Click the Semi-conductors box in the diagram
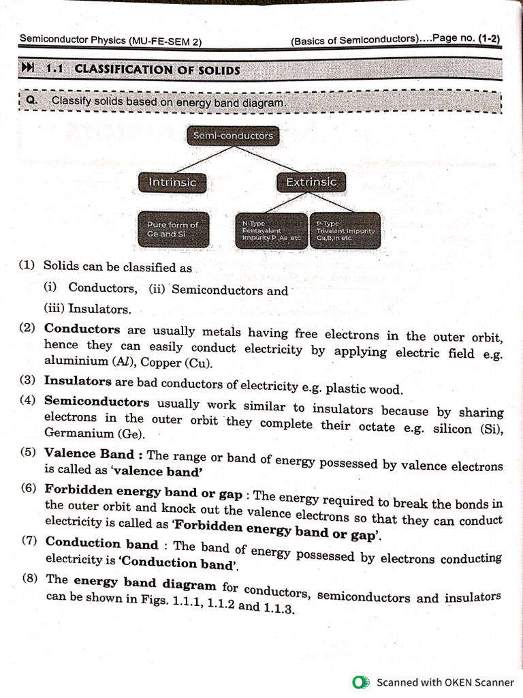tap(232, 136)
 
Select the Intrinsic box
tap(172, 182)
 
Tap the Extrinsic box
tap(311, 182)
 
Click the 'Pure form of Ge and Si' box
tap(172, 229)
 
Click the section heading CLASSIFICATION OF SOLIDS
tap(157, 69)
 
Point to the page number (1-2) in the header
tap(488, 39)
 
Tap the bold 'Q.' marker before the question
tap(31, 101)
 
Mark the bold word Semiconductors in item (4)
tap(96, 401)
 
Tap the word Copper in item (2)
tap(168, 362)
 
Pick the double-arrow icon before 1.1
tap(28, 68)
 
